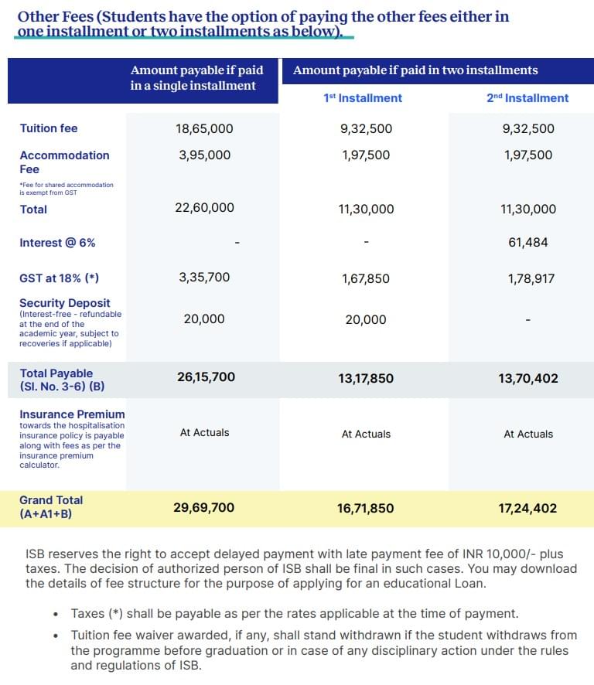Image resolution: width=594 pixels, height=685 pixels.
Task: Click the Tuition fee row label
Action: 49,128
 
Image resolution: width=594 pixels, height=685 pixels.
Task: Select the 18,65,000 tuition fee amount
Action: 204,128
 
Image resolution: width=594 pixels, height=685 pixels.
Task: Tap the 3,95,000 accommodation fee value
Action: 204,155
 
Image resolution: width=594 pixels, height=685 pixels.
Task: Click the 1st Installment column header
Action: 363,98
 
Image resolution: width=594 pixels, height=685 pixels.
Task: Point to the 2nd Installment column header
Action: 527,98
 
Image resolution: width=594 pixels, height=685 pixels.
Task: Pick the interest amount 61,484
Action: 528,242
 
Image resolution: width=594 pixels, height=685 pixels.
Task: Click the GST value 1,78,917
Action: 531,278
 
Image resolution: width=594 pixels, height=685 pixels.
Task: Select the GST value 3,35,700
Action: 204,277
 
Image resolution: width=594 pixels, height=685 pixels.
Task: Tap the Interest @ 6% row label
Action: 57,242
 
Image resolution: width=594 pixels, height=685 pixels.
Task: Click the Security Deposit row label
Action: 65,303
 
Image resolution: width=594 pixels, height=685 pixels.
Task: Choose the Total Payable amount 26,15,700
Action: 204,377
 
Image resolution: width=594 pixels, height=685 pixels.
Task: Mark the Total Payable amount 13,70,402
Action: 528,378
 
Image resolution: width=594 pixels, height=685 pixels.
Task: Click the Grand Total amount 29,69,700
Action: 204,508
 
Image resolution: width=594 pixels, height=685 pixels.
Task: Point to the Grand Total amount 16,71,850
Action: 366,509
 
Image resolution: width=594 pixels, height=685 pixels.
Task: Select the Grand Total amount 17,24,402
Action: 528,509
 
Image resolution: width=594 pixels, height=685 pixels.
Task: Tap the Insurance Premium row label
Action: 72,414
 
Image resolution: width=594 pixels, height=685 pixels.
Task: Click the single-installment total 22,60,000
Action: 204,208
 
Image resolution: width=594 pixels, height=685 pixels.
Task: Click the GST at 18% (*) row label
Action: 59,278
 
